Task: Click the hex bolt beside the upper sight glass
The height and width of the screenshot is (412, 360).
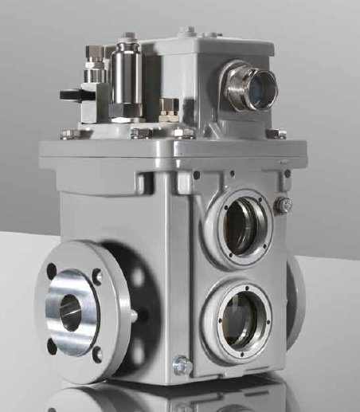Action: (283, 205)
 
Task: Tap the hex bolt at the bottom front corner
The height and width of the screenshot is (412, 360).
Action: (182, 366)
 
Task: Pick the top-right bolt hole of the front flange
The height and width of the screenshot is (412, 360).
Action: (97, 277)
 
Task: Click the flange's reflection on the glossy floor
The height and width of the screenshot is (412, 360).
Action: (80, 398)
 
